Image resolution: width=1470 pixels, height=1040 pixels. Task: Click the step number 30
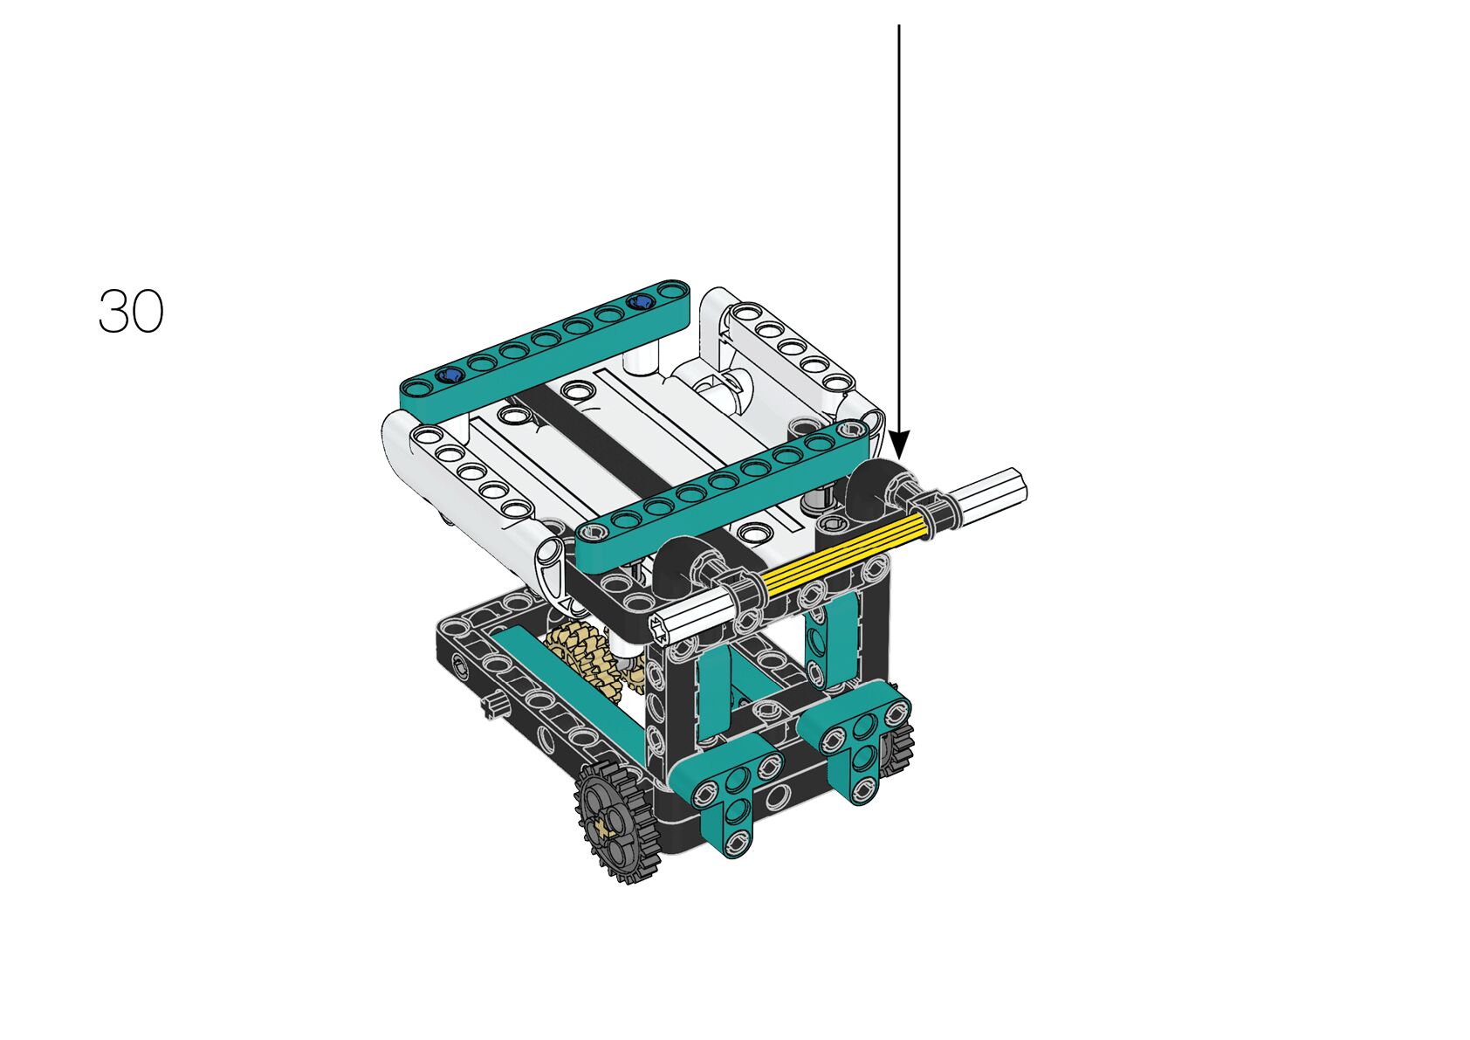pos(131,311)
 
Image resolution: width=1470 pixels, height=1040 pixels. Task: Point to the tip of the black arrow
pos(899,459)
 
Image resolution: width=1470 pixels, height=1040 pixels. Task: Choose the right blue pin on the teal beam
pos(640,301)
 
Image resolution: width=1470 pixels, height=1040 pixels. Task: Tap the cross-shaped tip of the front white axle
pos(661,631)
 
